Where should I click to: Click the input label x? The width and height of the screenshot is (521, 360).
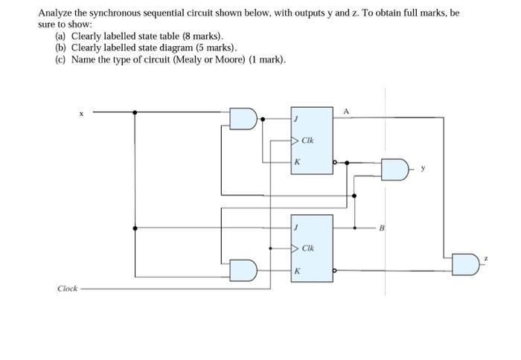click(83, 114)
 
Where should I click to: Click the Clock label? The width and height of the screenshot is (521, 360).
click(67, 289)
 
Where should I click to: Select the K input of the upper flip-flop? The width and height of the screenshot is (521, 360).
click(297, 161)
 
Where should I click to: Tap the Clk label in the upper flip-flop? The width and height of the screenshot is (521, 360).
click(308, 139)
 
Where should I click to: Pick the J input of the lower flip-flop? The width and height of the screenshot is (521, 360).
click(297, 227)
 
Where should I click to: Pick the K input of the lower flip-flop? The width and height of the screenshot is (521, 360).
click(297, 271)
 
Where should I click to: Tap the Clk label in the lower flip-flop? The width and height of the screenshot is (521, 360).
click(308, 248)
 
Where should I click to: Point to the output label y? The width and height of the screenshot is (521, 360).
click(423, 168)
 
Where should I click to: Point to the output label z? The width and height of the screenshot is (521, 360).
click(485, 260)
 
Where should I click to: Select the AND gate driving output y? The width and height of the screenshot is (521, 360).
click(395, 169)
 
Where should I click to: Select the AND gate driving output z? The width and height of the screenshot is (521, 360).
click(464, 263)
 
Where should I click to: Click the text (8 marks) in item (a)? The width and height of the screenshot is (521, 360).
click(202, 36)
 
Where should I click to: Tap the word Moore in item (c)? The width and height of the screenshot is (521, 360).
click(221, 60)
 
